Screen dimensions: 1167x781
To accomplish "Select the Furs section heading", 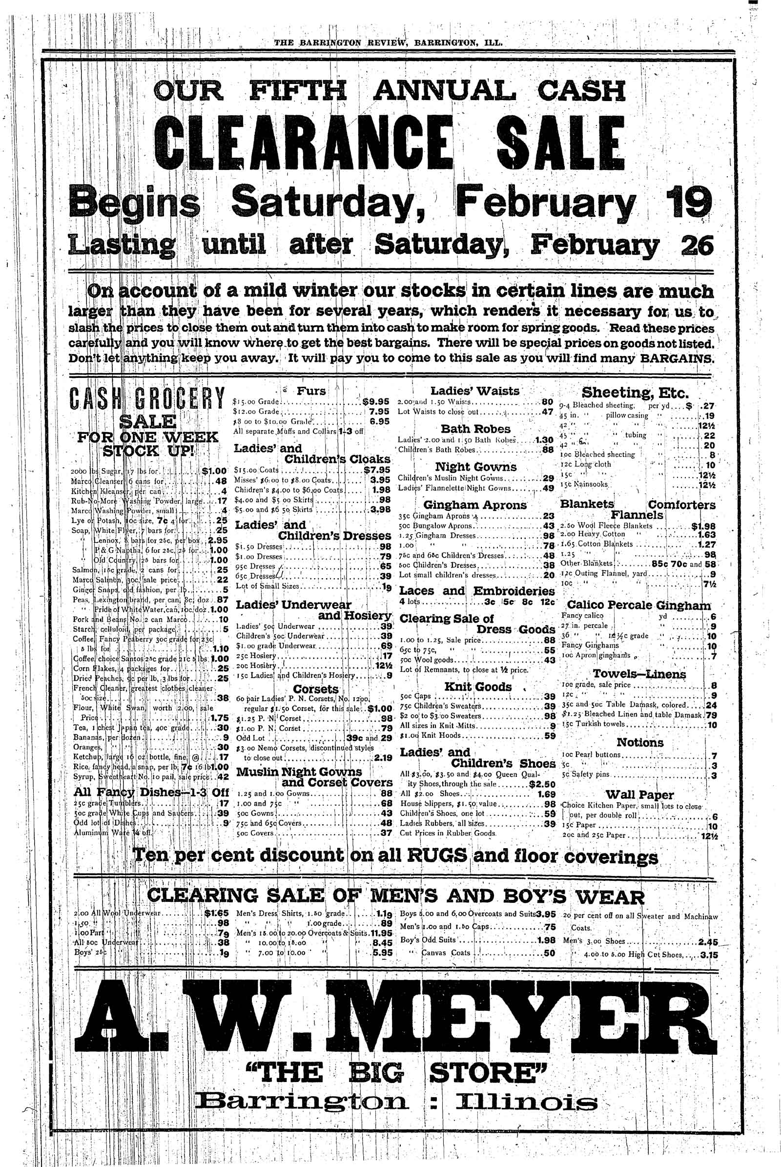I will (x=311, y=391).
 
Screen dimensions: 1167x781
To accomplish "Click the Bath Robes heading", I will (x=475, y=429).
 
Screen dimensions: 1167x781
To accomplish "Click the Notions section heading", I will (x=639, y=743).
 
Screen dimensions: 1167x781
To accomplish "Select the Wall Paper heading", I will (x=639, y=795).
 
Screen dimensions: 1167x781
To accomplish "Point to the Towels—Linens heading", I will (x=639, y=674).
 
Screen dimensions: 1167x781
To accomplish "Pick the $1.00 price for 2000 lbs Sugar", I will (x=215, y=470).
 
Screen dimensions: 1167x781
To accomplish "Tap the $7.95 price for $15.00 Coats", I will (x=376, y=469).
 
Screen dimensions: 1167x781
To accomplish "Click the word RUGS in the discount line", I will (x=438, y=856).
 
